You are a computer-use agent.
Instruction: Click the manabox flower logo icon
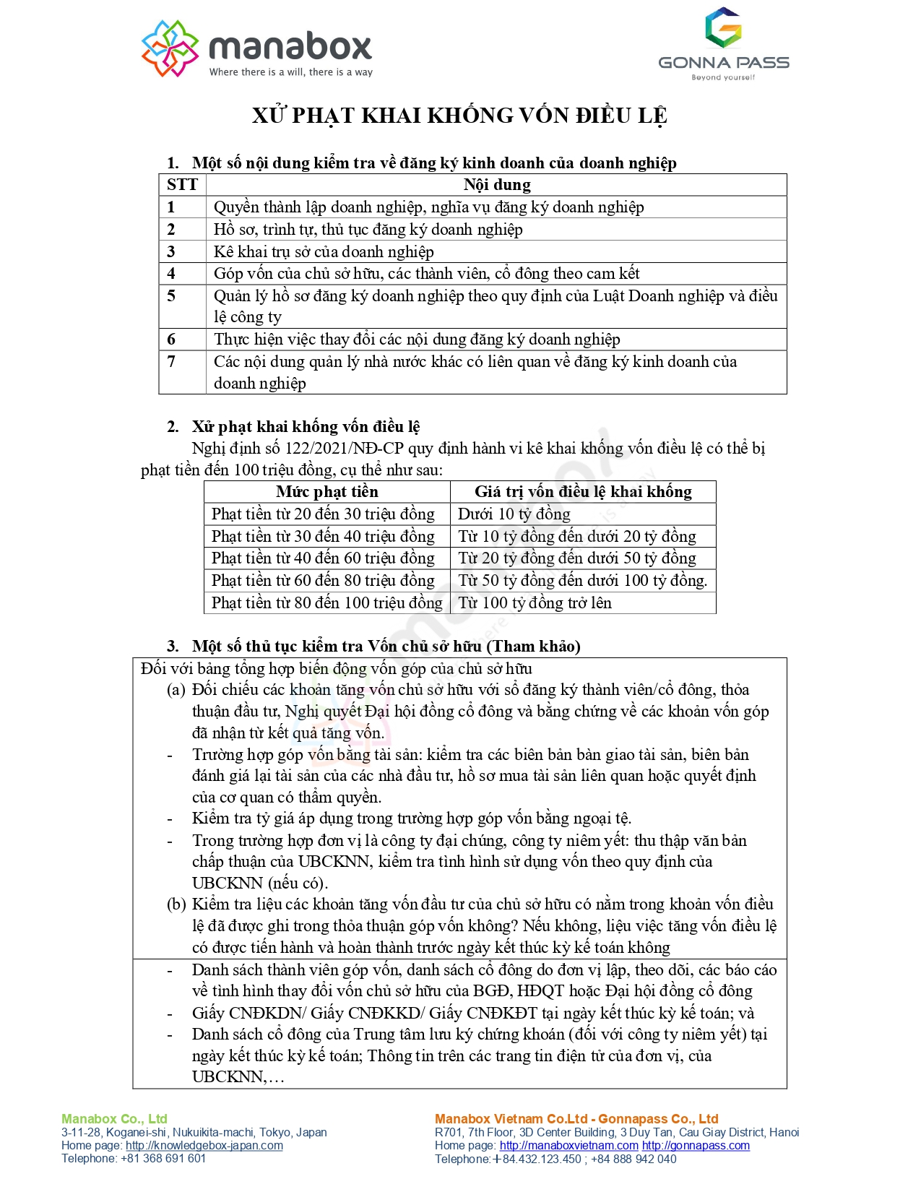(x=170, y=48)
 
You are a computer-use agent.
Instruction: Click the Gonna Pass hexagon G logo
(x=723, y=28)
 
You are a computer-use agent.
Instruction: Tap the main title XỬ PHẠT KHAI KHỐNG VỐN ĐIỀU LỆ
(x=459, y=116)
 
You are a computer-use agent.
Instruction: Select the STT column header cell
(x=182, y=185)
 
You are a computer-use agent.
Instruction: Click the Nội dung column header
(x=497, y=185)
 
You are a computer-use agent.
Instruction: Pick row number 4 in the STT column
(x=172, y=274)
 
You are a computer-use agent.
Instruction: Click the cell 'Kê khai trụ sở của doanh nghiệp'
(x=324, y=251)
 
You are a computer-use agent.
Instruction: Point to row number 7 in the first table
(x=172, y=361)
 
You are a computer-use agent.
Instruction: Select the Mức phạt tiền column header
(x=327, y=492)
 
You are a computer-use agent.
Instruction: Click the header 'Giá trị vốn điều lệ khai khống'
(x=583, y=492)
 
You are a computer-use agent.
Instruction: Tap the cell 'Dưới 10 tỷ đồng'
(x=514, y=514)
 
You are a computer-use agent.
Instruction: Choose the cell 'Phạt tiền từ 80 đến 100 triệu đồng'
(x=327, y=603)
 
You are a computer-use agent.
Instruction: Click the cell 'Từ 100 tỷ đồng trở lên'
(x=535, y=603)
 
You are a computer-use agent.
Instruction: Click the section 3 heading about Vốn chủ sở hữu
(x=386, y=646)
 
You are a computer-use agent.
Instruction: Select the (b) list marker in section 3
(x=176, y=904)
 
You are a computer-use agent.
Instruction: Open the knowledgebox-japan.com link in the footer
(x=204, y=1146)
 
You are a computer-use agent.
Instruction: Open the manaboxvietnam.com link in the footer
(x=569, y=1146)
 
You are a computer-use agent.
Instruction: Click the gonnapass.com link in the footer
(x=696, y=1146)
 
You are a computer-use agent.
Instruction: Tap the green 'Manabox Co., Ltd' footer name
(x=114, y=1119)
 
